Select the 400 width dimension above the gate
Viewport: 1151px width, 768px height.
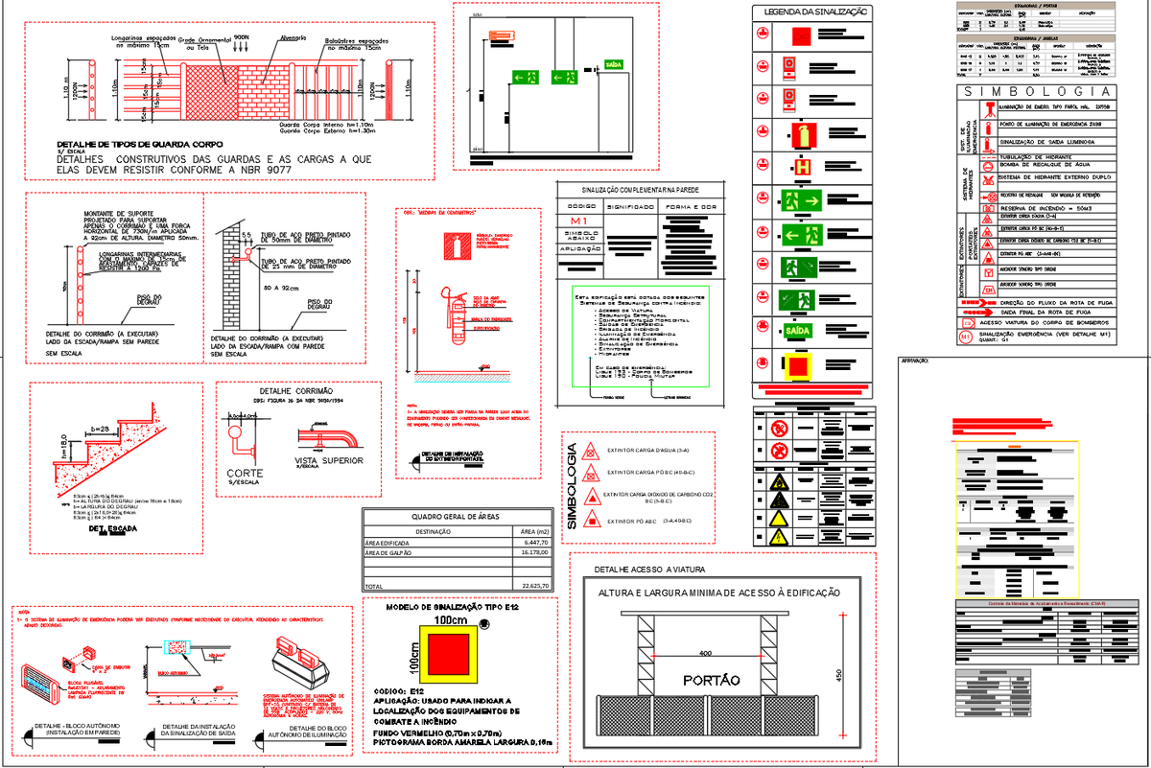706,653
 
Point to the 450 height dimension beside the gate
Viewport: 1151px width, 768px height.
840,672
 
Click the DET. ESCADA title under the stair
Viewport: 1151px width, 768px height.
108,528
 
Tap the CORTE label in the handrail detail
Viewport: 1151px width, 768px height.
245,474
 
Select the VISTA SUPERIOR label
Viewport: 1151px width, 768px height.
329,460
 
